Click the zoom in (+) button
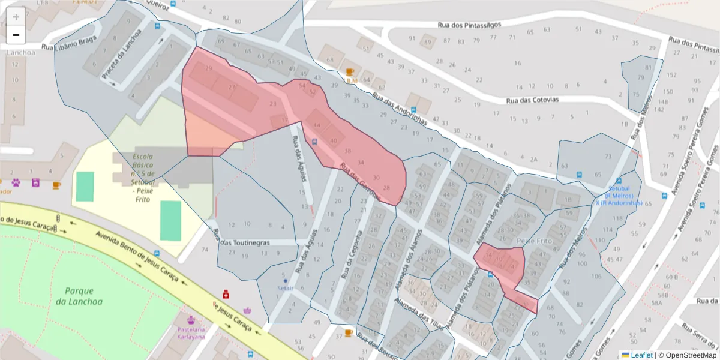point(16,17)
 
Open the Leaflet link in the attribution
point(641,355)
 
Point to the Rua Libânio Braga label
point(69,43)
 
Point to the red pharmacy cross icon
point(226,294)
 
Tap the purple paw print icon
point(16,182)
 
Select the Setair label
point(285,287)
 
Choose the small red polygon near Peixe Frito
point(501,264)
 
